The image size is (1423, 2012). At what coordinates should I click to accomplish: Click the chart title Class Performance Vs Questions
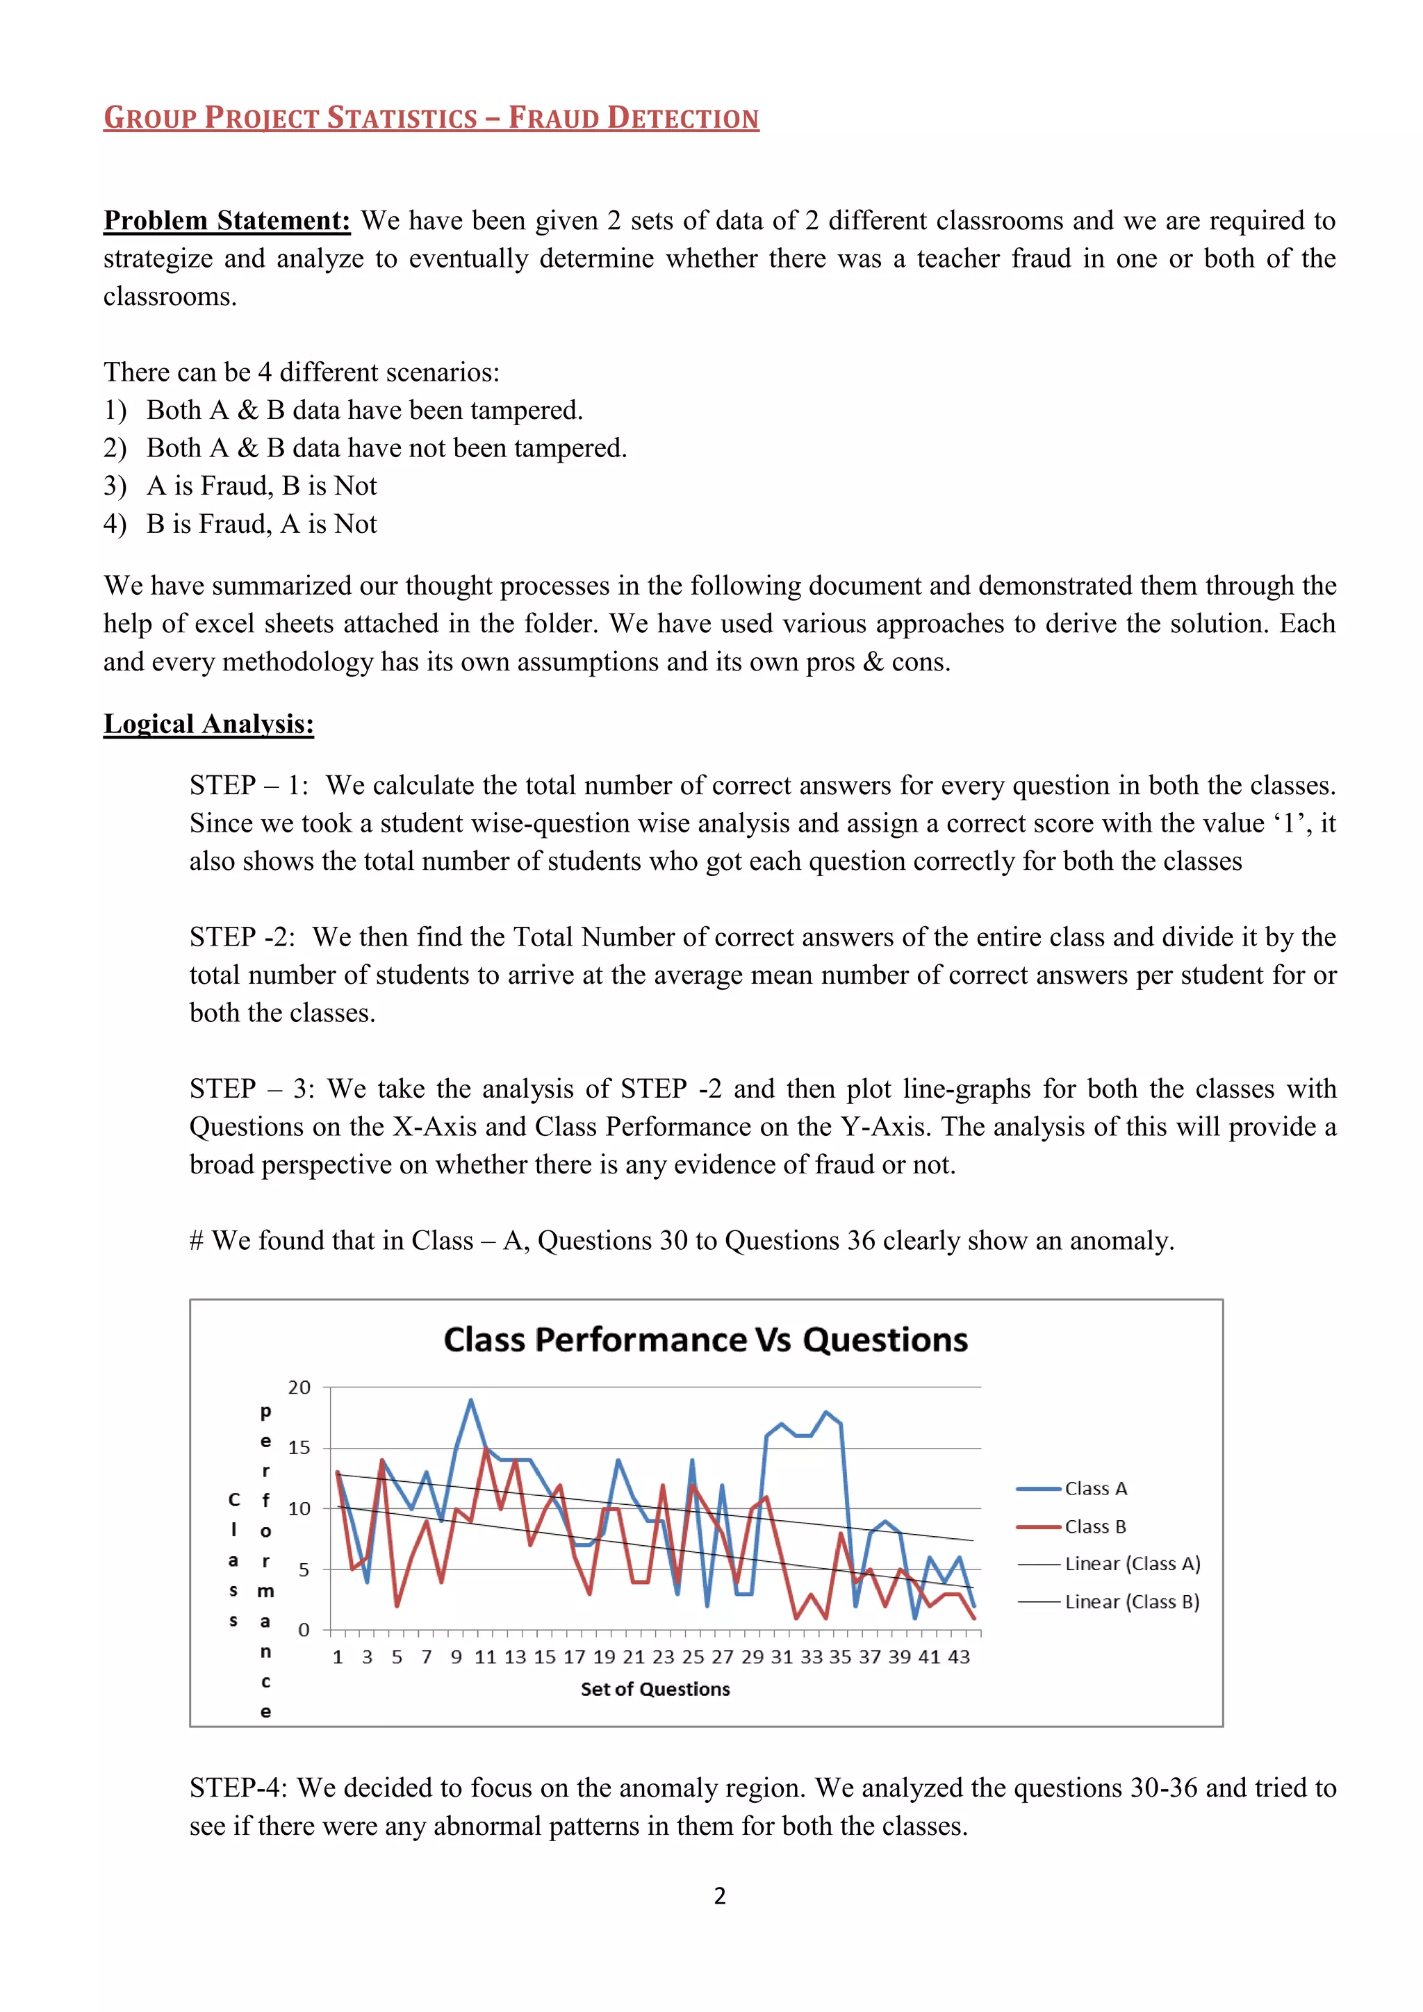[705, 1340]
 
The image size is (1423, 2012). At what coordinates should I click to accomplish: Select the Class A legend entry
[1095, 1489]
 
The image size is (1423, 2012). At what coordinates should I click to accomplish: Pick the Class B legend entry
[1095, 1526]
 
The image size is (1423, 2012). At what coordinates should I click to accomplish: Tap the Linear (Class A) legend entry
[1131, 1564]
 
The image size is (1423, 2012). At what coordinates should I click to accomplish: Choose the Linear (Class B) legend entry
[1131, 1602]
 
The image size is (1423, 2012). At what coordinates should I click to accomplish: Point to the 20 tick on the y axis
[299, 1387]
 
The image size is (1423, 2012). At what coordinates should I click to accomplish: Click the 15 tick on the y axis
[299, 1448]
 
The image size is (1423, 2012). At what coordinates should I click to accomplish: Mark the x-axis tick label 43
[960, 1657]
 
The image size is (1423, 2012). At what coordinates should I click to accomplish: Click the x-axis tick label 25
[693, 1657]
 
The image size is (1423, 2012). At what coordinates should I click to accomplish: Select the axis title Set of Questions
[655, 1690]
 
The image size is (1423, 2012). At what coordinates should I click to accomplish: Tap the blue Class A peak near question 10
[470, 1401]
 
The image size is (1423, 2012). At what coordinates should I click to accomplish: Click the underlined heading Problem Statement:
[227, 221]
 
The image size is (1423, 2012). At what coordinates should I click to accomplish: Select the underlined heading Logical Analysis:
[208, 724]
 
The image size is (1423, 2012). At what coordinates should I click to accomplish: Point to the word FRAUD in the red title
[554, 118]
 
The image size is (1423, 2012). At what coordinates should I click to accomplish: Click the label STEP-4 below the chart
[238, 1788]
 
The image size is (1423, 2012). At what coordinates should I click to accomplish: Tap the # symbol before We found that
[196, 1241]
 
